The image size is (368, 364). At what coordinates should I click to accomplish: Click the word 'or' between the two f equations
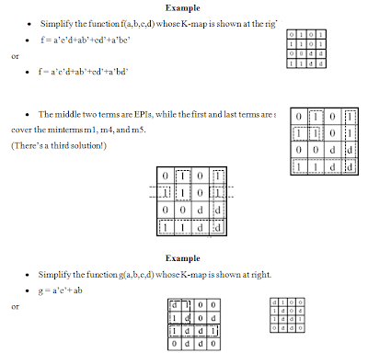click(x=15, y=55)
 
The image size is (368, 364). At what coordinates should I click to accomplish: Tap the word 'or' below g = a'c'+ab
click(x=15, y=305)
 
